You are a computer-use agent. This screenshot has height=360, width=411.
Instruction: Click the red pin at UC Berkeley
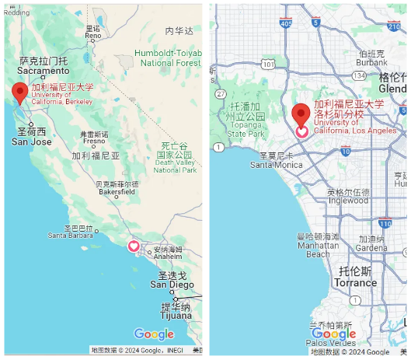pyautogui.click(x=21, y=92)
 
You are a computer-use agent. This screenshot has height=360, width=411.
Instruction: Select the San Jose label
pyautogui.click(x=31, y=141)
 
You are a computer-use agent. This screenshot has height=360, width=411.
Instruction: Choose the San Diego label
pyautogui.click(x=172, y=284)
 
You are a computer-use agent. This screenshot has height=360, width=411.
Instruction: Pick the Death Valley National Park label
pyautogui.click(x=174, y=157)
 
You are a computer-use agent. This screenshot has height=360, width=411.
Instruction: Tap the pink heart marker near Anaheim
pyautogui.click(x=133, y=246)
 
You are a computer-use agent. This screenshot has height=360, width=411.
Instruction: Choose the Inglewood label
pyautogui.click(x=348, y=200)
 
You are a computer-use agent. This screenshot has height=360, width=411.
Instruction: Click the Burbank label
pyautogui.click(x=372, y=62)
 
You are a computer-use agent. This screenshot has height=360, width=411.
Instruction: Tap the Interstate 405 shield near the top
pyautogui.click(x=285, y=24)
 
